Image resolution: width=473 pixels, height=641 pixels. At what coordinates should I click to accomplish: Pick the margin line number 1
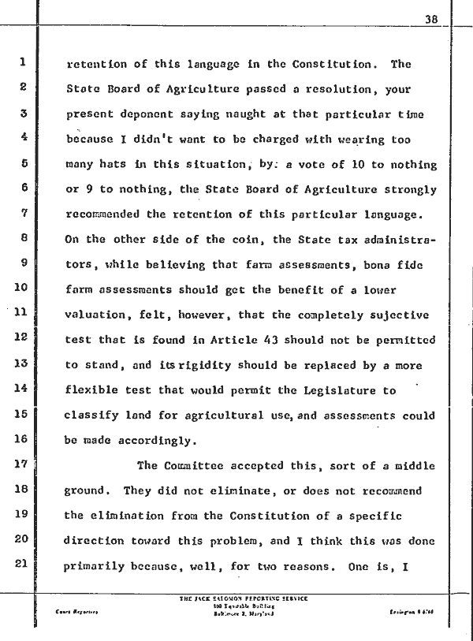pos(24,63)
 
